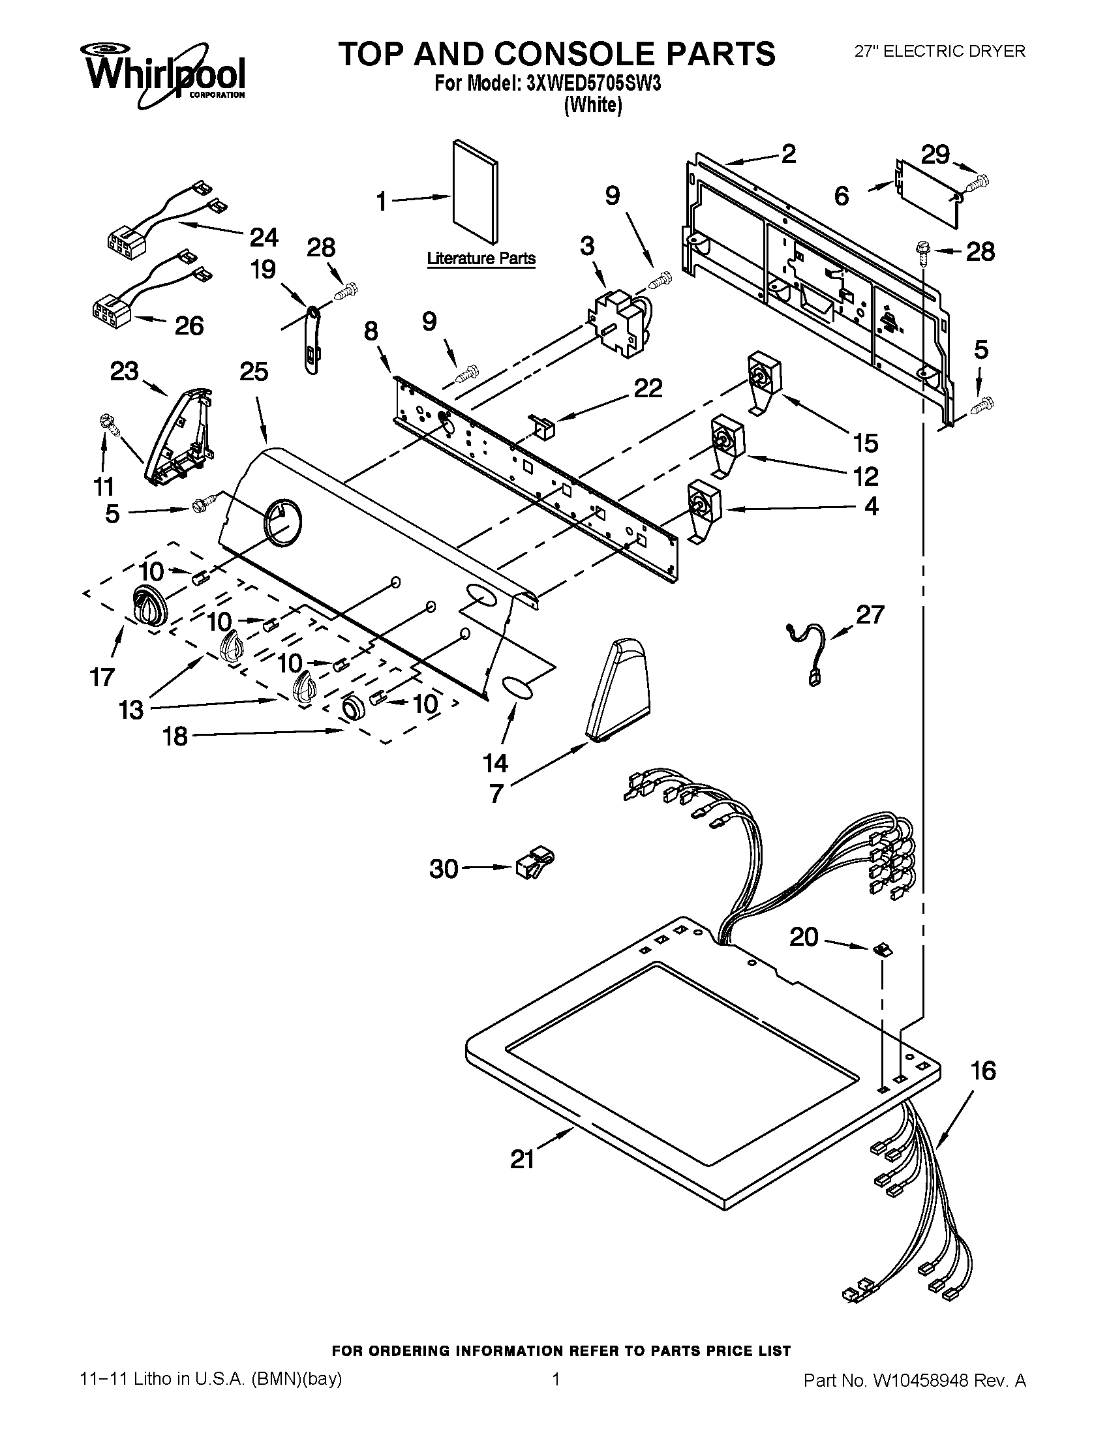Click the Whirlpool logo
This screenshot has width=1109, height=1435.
coord(163,74)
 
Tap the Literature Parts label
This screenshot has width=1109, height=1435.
coord(481,259)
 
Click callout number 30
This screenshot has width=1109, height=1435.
coord(444,869)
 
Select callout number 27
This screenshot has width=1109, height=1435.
coord(870,614)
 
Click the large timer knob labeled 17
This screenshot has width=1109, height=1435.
coord(150,604)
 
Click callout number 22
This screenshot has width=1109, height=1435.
coord(647,388)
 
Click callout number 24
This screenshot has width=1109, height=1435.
coord(264,237)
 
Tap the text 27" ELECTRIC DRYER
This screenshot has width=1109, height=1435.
coord(939,52)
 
